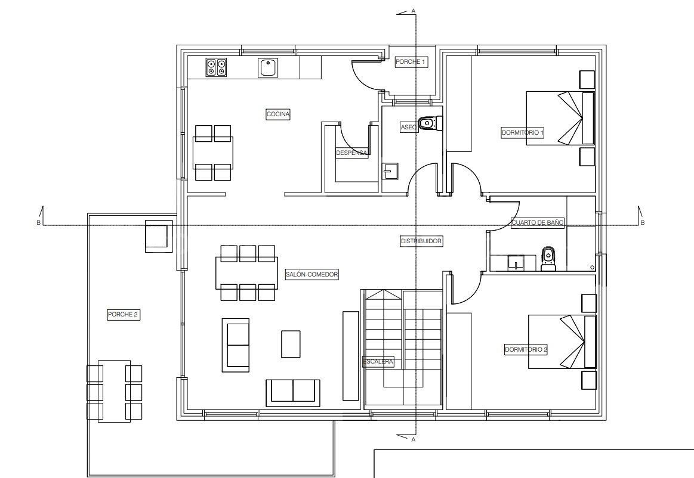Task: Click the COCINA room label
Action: pos(278,115)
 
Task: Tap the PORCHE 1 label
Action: pos(411,61)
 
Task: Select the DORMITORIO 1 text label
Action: pos(522,133)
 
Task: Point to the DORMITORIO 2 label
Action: pos(526,350)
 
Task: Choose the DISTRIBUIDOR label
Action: pos(421,241)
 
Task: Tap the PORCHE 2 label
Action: pos(124,315)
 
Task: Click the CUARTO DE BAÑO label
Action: pos(537,222)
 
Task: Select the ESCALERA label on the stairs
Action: pos(378,362)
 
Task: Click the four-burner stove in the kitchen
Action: pos(216,67)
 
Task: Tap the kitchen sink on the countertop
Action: pos(268,68)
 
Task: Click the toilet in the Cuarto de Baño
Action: pos(548,259)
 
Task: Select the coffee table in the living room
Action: pos(291,344)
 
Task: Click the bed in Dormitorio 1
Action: pos(560,118)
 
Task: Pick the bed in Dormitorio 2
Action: pos(562,342)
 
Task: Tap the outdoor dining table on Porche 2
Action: pos(115,391)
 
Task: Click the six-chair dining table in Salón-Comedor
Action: pos(247,273)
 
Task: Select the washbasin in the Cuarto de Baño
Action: pos(516,262)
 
